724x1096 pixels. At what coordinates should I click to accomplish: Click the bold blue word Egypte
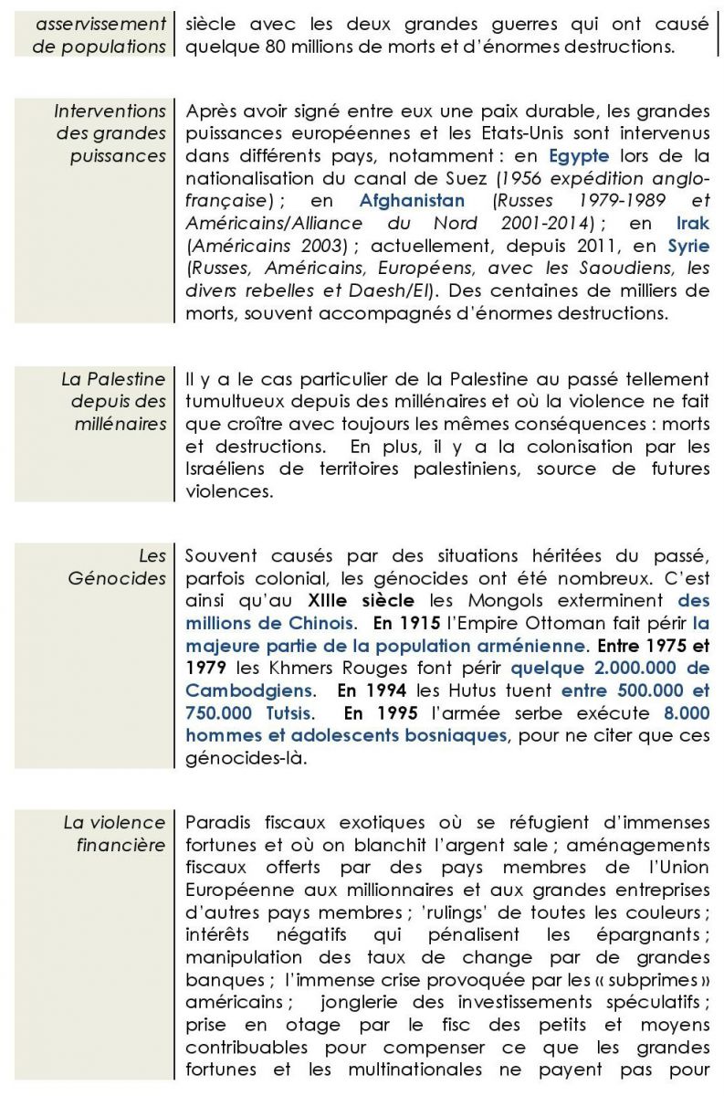[x=579, y=155]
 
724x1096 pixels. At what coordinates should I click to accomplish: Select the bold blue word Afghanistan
[x=413, y=200]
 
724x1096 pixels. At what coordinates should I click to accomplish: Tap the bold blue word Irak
[x=693, y=223]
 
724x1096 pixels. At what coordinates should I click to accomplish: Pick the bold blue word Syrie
[x=688, y=245]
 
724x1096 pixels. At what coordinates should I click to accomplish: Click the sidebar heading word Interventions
[x=110, y=111]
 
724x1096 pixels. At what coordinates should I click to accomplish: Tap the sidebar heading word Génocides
[x=117, y=578]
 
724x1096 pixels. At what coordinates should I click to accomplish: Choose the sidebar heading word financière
[x=121, y=845]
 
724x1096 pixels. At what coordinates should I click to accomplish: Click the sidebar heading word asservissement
[x=101, y=23]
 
